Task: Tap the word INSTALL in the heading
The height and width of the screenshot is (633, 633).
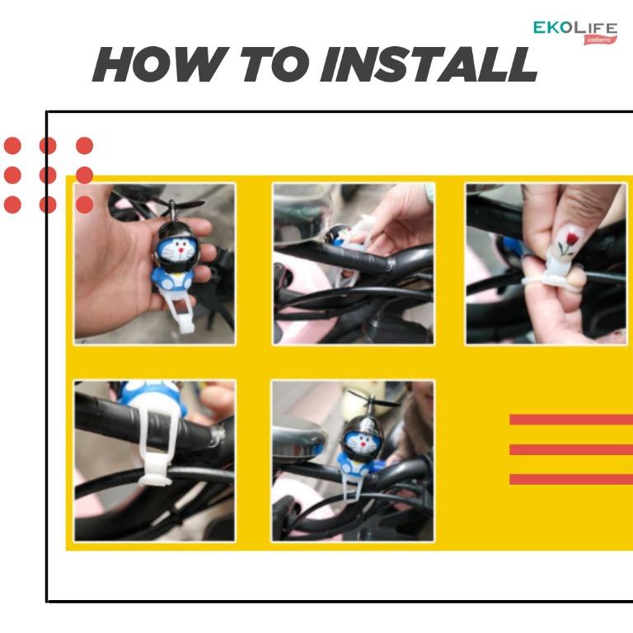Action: pyautogui.click(x=429, y=64)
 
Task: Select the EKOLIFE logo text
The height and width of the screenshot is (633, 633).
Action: pyautogui.click(x=574, y=28)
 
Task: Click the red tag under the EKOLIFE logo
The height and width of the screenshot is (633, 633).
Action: pyautogui.click(x=600, y=40)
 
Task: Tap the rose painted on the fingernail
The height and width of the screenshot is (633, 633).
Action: pyautogui.click(x=566, y=242)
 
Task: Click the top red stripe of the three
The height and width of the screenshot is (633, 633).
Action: pyautogui.click(x=571, y=420)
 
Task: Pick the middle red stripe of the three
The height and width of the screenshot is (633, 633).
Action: pyautogui.click(x=571, y=449)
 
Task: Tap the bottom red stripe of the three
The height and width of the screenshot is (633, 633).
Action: pyautogui.click(x=571, y=479)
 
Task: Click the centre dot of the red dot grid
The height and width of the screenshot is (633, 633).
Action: pyautogui.click(x=48, y=176)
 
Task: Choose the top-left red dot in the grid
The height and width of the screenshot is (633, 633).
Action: pyautogui.click(x=12, y=146)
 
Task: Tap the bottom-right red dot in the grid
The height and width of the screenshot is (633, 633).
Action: pyautogui.click(x=84, y=204)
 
